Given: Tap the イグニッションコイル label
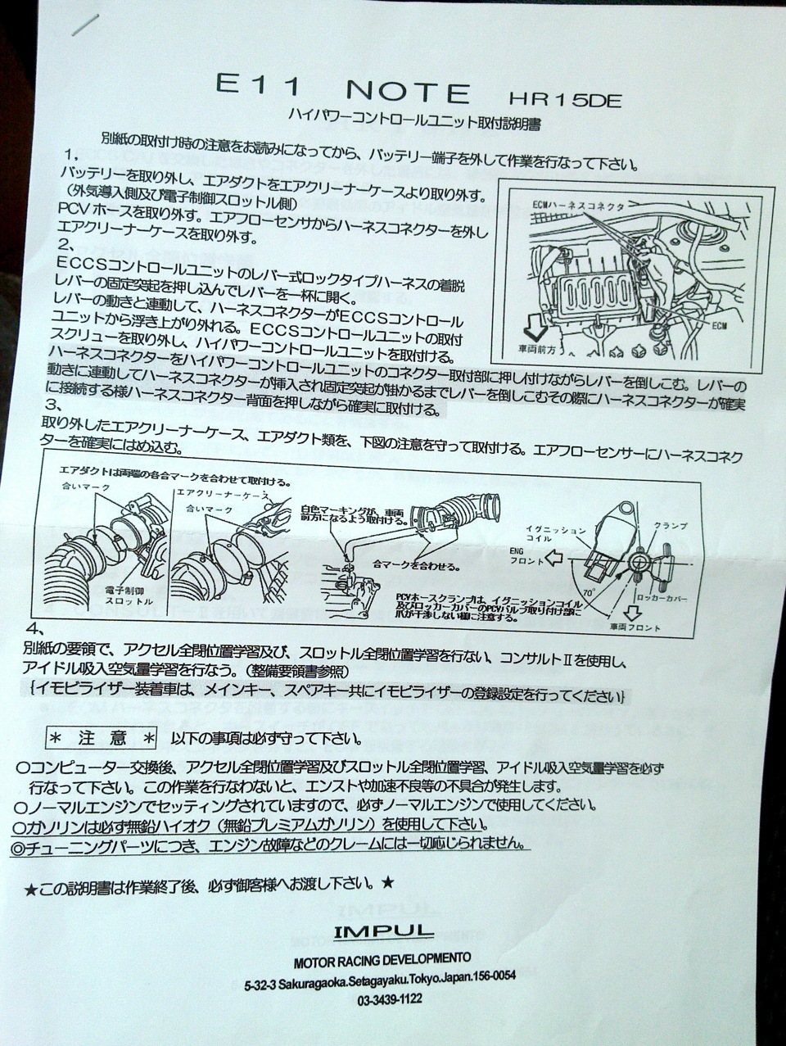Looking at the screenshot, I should [x=564, y=537].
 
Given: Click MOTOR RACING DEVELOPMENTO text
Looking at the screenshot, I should [x=382, y=958].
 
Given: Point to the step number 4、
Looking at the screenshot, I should [x=35, y=629].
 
